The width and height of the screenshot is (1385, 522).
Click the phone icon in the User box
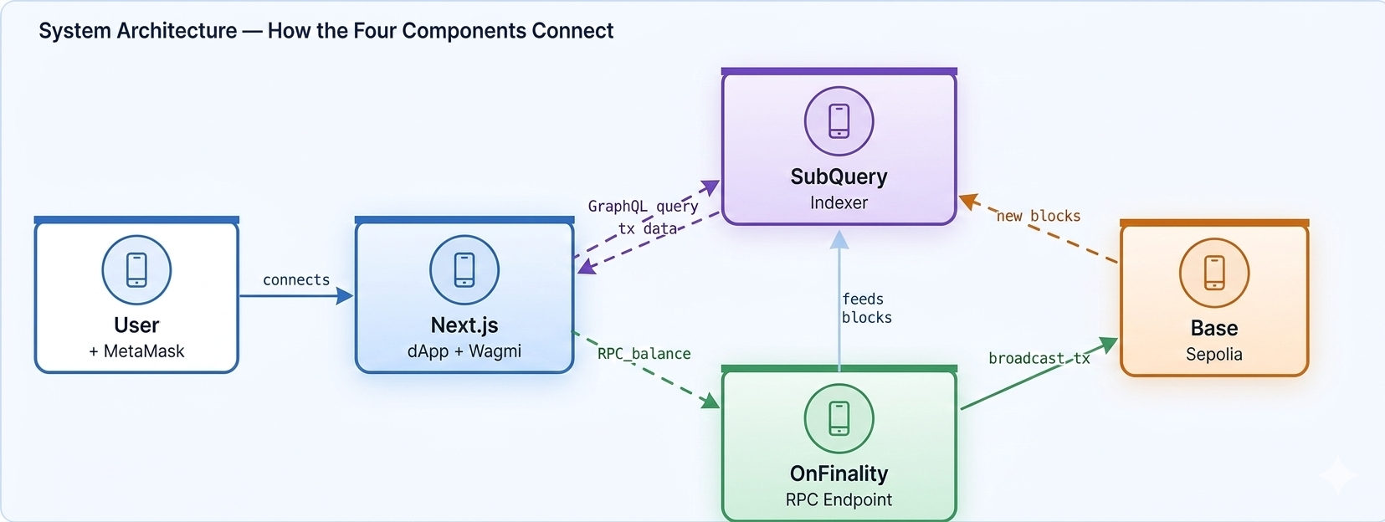point(136,270)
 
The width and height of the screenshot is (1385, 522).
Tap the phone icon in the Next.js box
point(464,270)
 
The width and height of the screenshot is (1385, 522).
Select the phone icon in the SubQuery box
point(839,121)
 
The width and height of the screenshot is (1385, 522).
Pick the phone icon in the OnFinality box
point(839,418)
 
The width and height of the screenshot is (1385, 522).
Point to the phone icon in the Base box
point(1213,273)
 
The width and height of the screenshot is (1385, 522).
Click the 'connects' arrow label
point(296,280)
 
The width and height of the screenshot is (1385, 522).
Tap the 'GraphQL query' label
point(643,206)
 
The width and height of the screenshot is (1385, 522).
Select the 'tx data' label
point(648,228)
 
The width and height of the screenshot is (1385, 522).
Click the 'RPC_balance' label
point(644,354)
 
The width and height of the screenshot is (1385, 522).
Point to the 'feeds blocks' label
point(866,308)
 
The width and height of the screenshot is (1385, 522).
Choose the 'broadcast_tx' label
point(1039,358)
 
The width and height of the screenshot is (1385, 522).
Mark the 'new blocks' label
point(1039,216)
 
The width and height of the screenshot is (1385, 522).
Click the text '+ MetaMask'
point(136,351)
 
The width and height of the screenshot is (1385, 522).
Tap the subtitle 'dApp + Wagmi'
point(464,351)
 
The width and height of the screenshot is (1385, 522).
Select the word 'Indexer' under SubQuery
point(839,202)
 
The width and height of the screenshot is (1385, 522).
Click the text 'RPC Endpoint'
point(839,499)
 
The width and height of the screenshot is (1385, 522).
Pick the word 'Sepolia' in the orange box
point(1213,354)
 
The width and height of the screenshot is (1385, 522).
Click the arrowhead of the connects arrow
point(345,295)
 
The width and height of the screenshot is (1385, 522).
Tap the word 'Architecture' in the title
point(177,31)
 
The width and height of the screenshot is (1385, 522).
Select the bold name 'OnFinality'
point(839,473)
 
